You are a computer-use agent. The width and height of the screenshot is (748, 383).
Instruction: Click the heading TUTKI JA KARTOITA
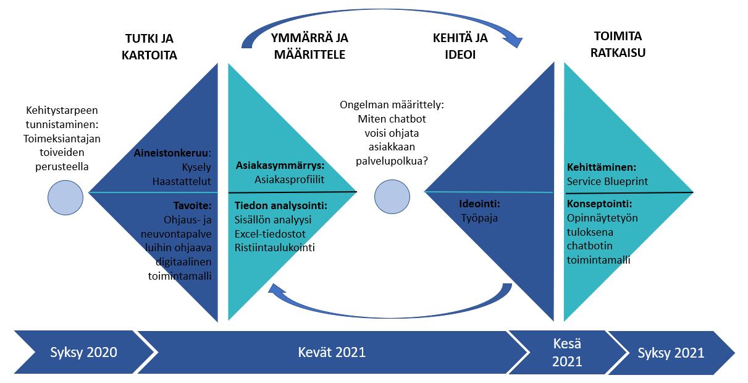(x=151, y=46)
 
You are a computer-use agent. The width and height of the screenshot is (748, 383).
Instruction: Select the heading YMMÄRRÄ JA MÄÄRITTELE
(x=309, y=46)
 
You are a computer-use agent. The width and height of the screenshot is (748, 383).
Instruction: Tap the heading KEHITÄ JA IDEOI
(x=460, y=46)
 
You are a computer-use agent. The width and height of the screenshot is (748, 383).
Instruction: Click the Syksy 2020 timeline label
(x=83, y=353)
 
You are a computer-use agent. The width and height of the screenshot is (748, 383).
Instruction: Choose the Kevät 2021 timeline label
(x=332, y=353)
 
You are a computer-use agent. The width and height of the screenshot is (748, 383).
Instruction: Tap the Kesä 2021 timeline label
(x=566, y=353)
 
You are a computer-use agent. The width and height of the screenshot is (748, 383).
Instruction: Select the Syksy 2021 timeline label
(x=671, y=353)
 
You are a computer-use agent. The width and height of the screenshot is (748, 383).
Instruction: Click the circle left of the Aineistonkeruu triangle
(x=65, y=197)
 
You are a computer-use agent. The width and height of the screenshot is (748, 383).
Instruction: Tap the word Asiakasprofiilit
(x=290, y=179)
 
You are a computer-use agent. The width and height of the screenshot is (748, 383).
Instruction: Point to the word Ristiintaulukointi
(x=274, y=247)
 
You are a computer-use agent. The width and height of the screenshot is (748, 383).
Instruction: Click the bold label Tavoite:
(x=192, y=205)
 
